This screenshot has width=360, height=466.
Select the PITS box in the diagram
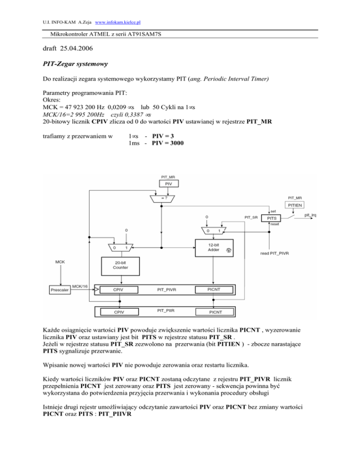point(270,218)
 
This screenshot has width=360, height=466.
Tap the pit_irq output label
point(310,215)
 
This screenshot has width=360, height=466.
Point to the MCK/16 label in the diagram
point(79,286)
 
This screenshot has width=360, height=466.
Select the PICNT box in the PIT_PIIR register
point(215,311)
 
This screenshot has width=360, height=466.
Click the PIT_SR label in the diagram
point(251,217)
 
